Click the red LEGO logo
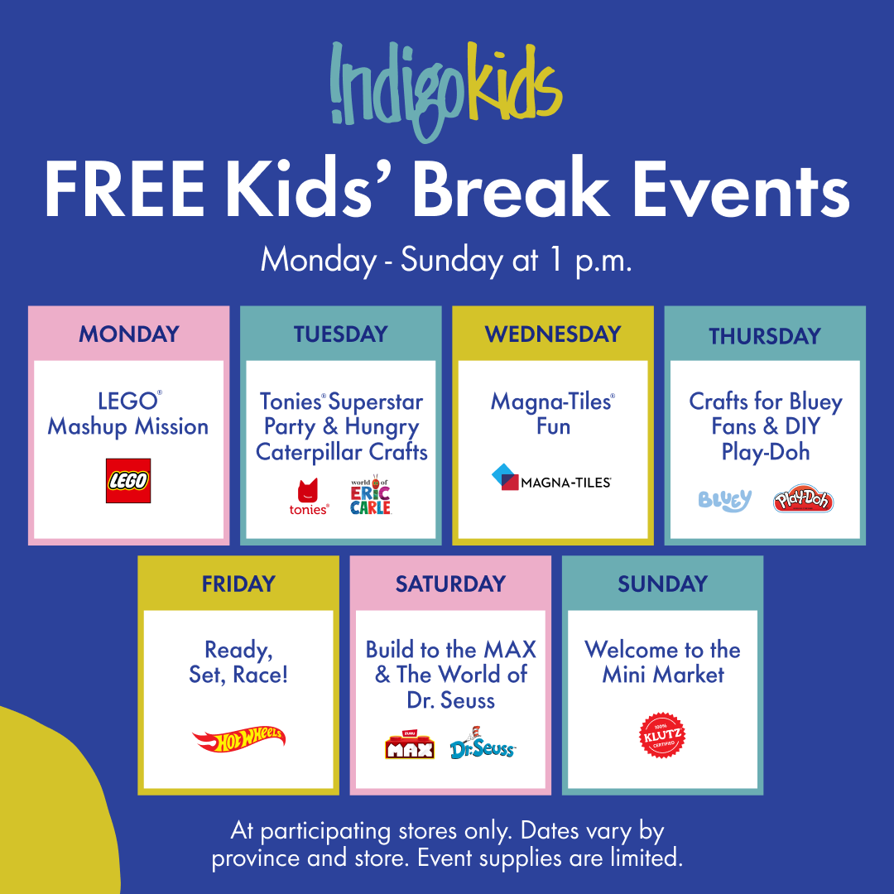128,481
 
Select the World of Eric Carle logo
370,494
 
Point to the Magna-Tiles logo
551,478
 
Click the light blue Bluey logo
724,501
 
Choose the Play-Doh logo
802,500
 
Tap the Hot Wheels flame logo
238,739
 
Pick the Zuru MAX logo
410,746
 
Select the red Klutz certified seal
663,736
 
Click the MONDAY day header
128,334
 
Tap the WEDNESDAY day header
552,334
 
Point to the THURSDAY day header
764,335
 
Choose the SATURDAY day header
450,584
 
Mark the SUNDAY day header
662,584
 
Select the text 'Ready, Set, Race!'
238,661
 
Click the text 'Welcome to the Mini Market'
662,661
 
